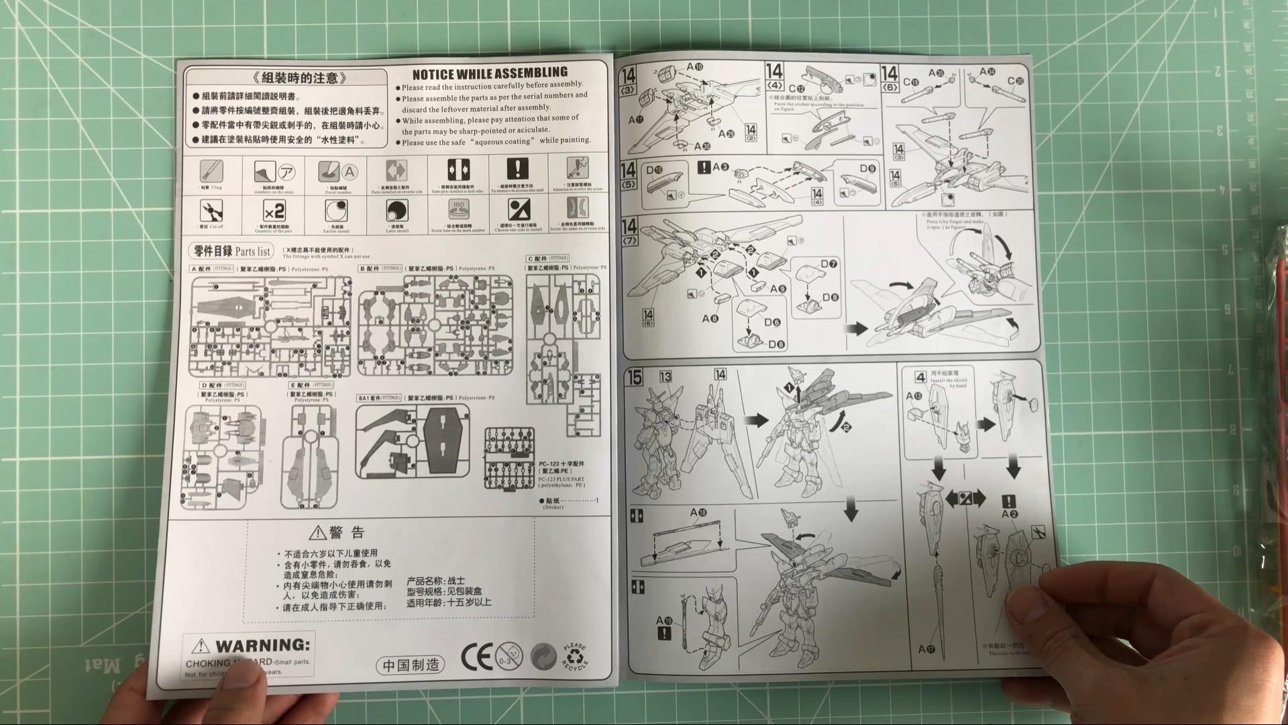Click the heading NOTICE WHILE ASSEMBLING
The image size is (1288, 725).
(x=490, y=73)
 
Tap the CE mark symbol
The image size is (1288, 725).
(x=476, y=657)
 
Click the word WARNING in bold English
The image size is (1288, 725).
(x=262, y=646)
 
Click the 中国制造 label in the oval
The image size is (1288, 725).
(x=411, y=665)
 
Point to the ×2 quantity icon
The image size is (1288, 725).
(x=274, y=212)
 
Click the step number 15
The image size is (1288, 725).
(x=635, y=377)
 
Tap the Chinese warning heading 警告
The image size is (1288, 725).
(x=337, y=533)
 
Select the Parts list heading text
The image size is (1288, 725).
(x=232, y=251)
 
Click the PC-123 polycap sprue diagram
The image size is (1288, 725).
(x=509, y=458)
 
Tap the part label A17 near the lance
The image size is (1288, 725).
(x=926, y=649)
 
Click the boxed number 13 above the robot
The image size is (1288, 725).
(x=665, y=377)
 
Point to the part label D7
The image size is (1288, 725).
(x=829, y=264)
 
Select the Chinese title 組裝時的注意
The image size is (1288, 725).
(x=291, y=78)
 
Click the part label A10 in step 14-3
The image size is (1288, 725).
(x=694, y=67)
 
